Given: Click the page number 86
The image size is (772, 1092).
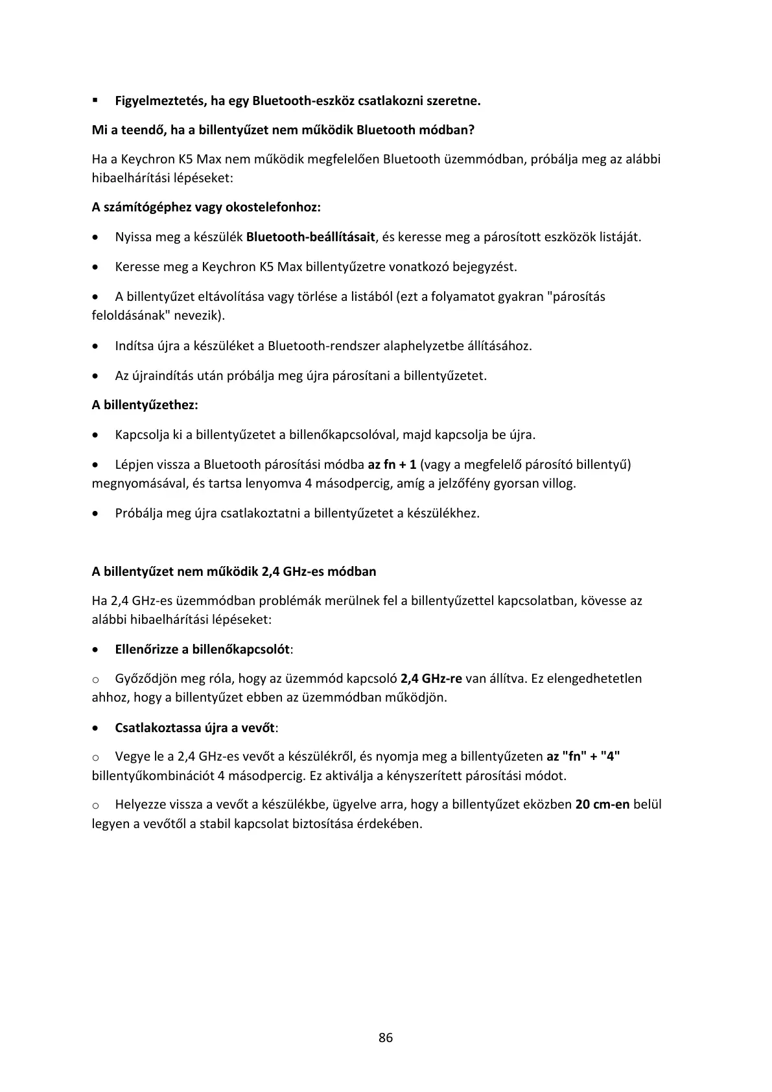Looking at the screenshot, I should (x=386, y=1038).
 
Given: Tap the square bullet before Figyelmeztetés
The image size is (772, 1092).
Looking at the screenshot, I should (x=95, y=101).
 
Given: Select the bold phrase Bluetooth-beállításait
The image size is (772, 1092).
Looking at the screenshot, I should (x=310, y=237).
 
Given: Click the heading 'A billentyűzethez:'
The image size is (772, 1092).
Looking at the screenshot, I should (x=145, y=405).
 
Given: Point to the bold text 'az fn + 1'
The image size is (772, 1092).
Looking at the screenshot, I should (x=392, y=464).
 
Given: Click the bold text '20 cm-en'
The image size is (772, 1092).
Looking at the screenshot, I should (x=602, y=805).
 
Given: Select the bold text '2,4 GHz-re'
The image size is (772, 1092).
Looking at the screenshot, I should (x=431, y=679).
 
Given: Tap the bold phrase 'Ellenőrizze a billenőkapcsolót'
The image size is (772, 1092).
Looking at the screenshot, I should (x=202, y=649).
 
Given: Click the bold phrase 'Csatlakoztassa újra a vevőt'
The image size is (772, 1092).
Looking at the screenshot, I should (x=194, y=728).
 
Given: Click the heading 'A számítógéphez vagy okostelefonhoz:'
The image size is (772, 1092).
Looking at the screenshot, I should (x=206, y=208).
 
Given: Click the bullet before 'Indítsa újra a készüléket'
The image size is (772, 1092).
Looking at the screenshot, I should (x=96, y=346).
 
